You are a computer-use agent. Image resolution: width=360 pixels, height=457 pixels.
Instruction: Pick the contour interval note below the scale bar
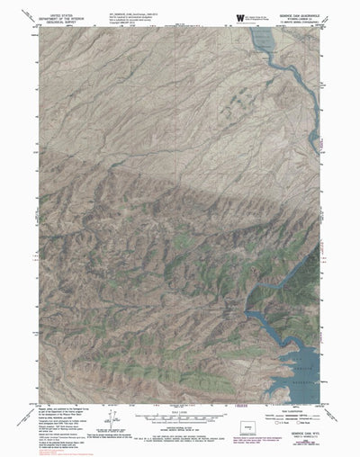pyautogui.click(x=179, y=399)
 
